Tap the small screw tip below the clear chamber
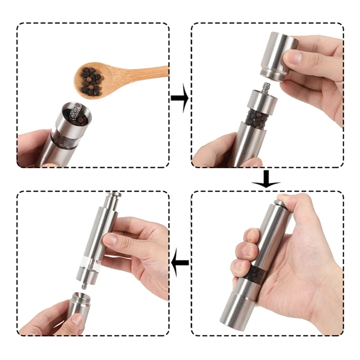84,285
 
